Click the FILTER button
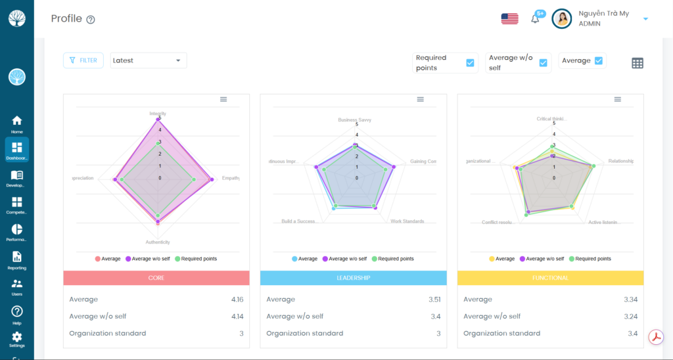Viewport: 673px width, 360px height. coord(83,60)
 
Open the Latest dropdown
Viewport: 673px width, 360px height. coord(148,60)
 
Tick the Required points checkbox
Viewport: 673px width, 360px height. coord(470,63)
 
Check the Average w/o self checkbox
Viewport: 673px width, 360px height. coord(543,63)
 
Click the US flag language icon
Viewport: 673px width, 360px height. coord(509,19)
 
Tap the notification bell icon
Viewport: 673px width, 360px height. coord(535,19)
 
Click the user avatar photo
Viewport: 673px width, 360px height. coord(562,18)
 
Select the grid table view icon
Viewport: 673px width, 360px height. coord(637,63)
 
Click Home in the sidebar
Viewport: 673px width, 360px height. coord(17,124)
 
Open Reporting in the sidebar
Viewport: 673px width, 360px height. coord(17,259)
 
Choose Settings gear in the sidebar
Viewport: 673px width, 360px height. coord(17,339)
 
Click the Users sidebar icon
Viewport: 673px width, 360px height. coord(17,287)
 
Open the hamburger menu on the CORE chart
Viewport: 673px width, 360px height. coord(223,99)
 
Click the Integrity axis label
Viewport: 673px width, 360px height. coord(158,114)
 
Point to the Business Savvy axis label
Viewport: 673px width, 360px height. coord(355,120)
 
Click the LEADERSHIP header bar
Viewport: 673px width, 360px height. coord(354,278)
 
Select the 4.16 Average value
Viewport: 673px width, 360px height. coord(237,300)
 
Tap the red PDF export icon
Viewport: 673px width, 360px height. coord(656,337)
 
